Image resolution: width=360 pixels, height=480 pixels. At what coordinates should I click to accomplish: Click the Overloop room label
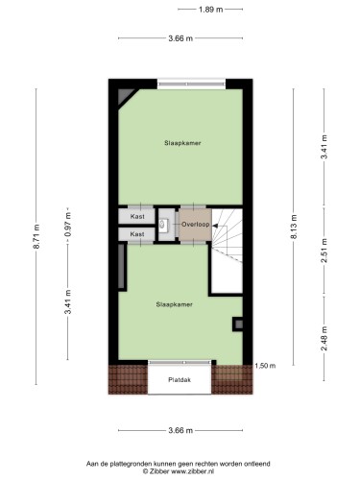coord(196,225)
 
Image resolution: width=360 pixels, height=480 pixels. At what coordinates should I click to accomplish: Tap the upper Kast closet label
coord(137,216)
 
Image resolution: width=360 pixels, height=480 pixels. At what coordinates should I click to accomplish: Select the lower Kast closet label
coord(137,234)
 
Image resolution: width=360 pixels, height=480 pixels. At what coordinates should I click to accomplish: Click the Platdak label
coord(180,380)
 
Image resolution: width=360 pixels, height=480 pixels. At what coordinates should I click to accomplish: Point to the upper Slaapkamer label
coord(182,143)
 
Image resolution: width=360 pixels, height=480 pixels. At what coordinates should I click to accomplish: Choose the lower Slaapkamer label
coord(175,304)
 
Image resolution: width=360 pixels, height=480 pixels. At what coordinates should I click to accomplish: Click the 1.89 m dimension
coord(210,10)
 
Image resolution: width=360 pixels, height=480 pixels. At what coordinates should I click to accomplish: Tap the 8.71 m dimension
coord(36,236)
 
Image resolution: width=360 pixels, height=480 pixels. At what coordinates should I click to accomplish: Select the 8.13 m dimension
coord(294,228)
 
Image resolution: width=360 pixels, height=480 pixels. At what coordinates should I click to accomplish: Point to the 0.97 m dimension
coord(68,225)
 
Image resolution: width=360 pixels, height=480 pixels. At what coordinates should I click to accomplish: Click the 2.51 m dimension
coord(324,251)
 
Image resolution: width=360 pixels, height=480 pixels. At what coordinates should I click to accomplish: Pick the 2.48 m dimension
coord(324,338)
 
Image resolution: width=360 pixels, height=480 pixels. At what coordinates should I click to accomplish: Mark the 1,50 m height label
coord(265,366)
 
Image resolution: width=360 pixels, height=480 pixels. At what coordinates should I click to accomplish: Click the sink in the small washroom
coord(162,224)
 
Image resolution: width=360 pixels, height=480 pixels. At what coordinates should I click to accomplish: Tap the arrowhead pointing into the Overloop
coord(215,226)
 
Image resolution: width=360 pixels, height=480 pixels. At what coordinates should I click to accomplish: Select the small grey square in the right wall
coord(239,324)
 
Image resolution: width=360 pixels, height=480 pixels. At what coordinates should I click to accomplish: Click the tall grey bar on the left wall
coord(121,267)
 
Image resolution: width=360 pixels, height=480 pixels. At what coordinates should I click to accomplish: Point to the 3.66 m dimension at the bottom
coord(180,430)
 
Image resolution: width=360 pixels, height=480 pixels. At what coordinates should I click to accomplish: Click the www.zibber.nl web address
coord(193,471)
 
